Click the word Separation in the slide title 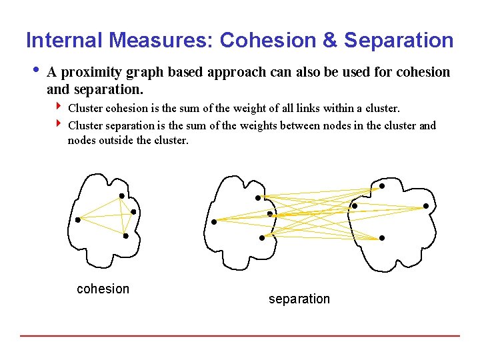(399, 41)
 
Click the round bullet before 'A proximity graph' (35, 71)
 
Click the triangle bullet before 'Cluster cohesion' (59, 107)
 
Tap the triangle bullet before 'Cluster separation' (59, 124)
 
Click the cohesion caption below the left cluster (103, 289)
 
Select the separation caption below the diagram (299, 299)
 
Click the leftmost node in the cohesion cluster (77, 219)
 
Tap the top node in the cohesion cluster (121, 196)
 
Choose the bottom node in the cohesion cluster (125, 235)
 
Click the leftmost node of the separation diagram (214, 221)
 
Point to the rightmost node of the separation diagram (425, 207)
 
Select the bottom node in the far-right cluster (381, 238)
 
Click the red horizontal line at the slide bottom (240, 335)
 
